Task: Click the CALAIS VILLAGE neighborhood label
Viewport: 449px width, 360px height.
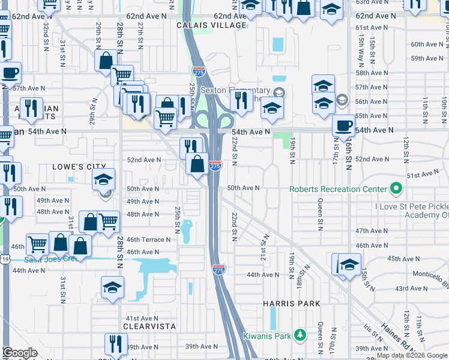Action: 212,26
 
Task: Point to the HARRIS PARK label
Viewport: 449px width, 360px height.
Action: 291,304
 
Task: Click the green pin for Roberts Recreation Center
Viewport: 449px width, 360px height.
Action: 396,189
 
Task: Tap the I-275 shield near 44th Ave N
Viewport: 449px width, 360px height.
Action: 218,270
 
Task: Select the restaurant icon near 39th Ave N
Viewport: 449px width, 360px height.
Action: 116,344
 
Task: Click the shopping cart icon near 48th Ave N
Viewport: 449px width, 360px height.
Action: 108,221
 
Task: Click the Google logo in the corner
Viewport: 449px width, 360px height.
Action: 20,353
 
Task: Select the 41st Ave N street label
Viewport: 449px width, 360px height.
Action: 141,319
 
